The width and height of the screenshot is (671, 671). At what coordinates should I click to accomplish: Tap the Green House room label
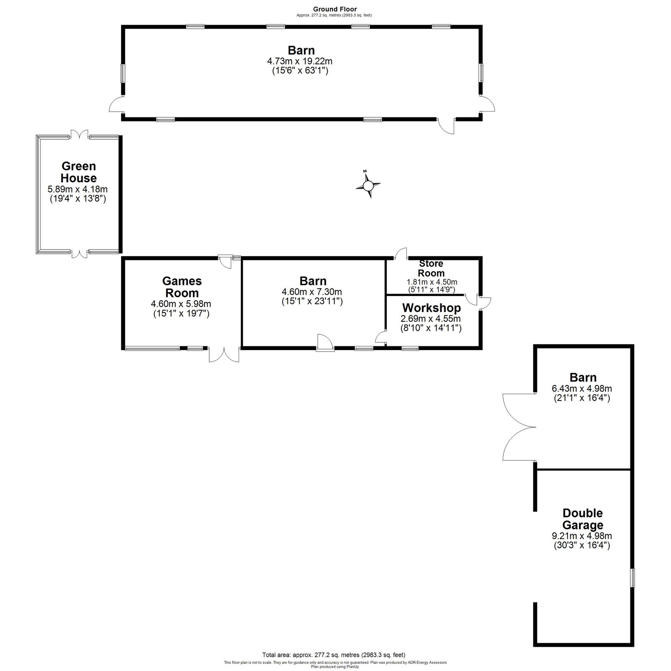(x=78, y=172)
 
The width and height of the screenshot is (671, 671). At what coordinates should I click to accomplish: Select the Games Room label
(x=182, y=287)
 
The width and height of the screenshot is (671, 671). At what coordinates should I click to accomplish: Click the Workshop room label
(x=432, y=308)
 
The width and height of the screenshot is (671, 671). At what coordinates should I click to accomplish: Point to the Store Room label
(x=431, y=268)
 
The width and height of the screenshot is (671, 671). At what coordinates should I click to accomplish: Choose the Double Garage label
(x=583, y=519)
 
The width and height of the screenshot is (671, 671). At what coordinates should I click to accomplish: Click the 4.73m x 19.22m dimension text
(x=300, y=61)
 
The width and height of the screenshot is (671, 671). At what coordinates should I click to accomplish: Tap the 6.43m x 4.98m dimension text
(x=582, y=388)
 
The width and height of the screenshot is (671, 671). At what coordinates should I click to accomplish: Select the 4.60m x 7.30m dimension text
(x=313, y=291)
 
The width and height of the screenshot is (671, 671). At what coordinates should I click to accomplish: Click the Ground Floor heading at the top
(x=335, y=9)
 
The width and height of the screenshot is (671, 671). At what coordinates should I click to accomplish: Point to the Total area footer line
(x=334, y=655)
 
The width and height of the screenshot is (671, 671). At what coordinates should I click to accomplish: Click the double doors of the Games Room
(x=224, y=355)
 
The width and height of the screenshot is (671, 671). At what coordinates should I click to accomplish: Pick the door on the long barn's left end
(x=116, y=104)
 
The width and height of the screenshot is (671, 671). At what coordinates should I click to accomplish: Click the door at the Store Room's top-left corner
(x=401, y=253)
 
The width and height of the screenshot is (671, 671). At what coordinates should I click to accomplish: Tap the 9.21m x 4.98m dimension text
(x=582, y=536)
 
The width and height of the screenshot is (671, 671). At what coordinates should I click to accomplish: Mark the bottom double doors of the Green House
(x=79, y=253)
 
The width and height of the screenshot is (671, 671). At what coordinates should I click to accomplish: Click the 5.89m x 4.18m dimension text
(x=78, y=189)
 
